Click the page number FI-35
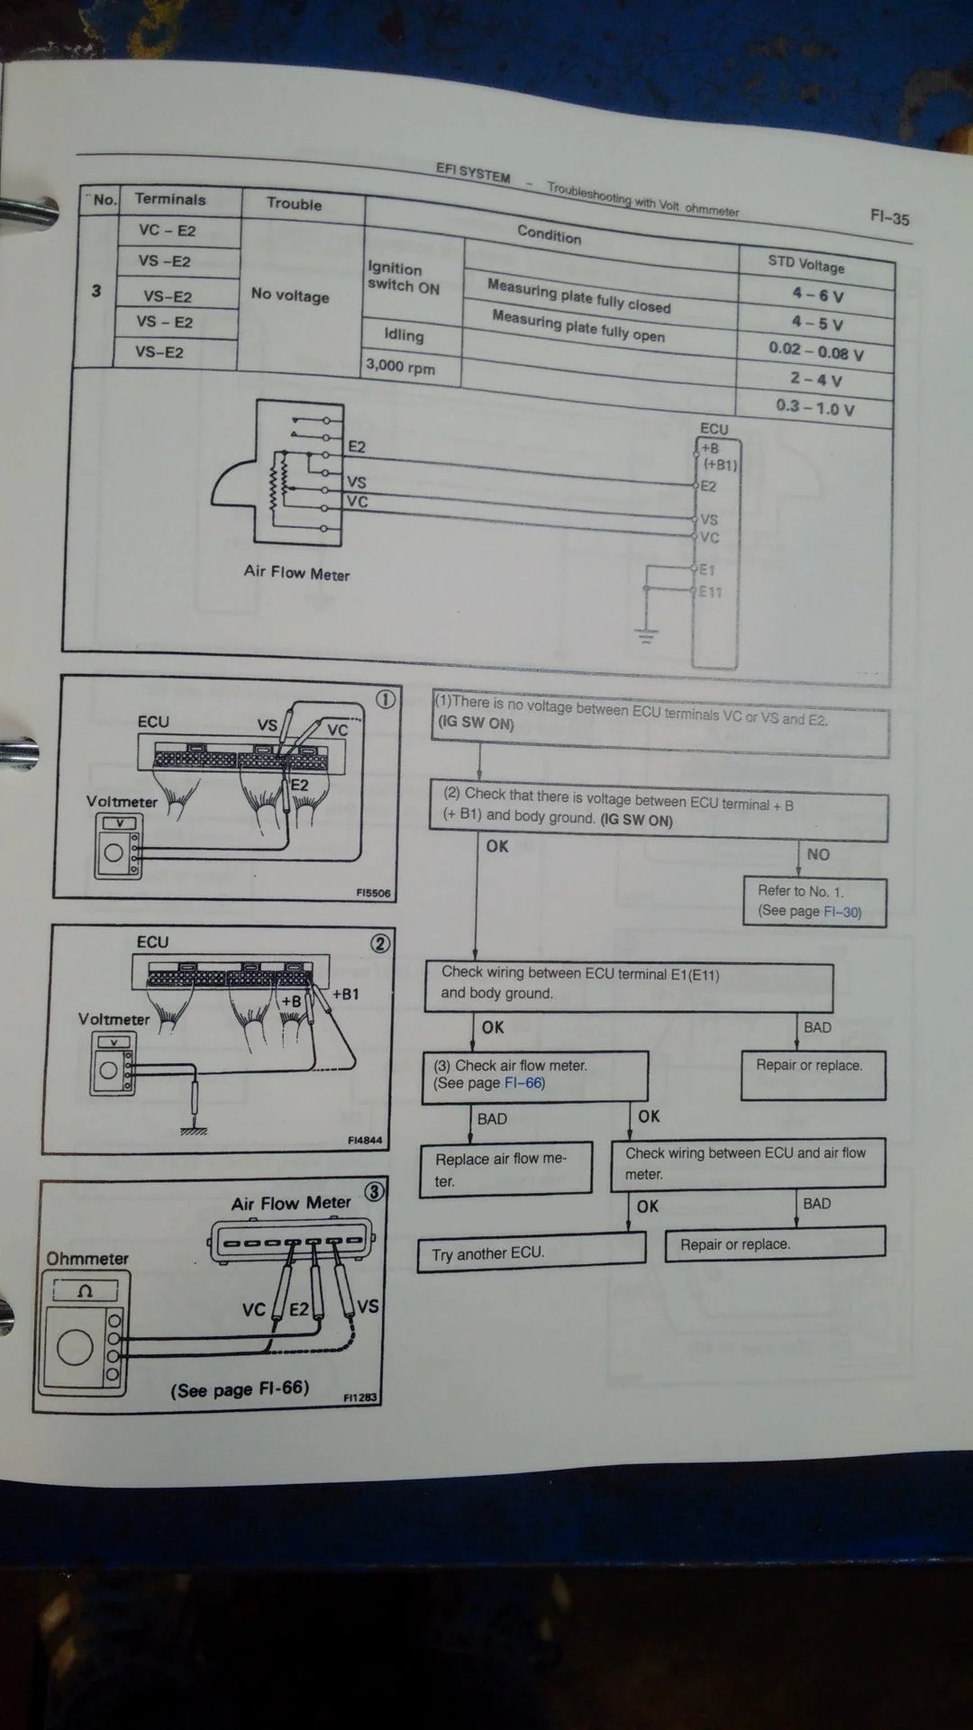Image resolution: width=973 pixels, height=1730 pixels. coord(889,217)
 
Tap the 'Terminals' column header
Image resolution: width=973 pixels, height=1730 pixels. coord(170,199)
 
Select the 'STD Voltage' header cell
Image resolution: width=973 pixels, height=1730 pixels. coord(806,264)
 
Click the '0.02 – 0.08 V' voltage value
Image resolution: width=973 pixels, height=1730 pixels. coord(815,351)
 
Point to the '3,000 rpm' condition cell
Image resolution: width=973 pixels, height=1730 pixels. coord(400,367)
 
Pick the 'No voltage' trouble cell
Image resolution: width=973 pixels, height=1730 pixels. coord(290,295)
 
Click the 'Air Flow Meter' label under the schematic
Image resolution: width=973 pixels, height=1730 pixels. coord(296,572)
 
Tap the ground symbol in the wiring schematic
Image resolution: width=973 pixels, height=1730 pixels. coord(646,634)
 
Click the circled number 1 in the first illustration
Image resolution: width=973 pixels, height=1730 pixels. coord(385,700)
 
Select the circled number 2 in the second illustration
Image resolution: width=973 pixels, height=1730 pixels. coord(380,943)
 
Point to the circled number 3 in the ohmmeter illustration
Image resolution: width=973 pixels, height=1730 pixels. coord(374,1192)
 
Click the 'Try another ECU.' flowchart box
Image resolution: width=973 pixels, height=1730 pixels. coord(531,1253)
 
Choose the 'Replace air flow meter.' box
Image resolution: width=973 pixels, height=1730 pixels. coord(505,1170)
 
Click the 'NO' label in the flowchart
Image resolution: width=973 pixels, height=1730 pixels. coord(818,854)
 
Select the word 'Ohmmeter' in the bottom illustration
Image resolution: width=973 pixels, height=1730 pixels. coord(87,1258)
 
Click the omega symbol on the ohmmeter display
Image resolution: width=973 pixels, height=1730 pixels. coord(86,1291)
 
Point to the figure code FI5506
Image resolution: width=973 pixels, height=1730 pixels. coord(373,893)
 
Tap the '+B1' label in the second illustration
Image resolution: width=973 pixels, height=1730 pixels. coord(345,995)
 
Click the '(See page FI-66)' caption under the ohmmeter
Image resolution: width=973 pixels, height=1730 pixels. coord(240,1389)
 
